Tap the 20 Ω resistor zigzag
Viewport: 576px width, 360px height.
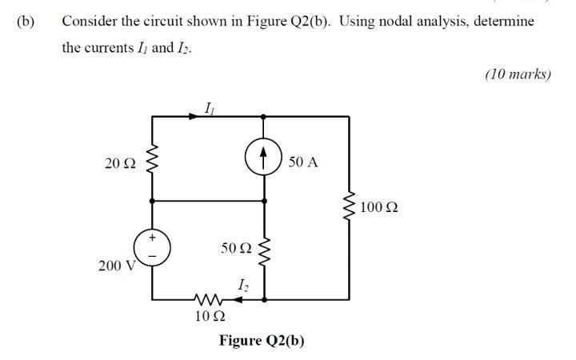pos(152,162)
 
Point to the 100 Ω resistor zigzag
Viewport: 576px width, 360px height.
pos(349,208)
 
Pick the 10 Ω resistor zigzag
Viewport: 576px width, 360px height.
pos(206,300)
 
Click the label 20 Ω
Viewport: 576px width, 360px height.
pos(120,163)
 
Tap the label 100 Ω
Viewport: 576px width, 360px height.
pos(379,208)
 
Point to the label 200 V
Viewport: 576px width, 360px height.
pos(114,266)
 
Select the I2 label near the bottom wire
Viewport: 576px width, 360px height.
pos(242,284)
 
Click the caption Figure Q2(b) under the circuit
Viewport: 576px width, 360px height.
pos(262,341)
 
